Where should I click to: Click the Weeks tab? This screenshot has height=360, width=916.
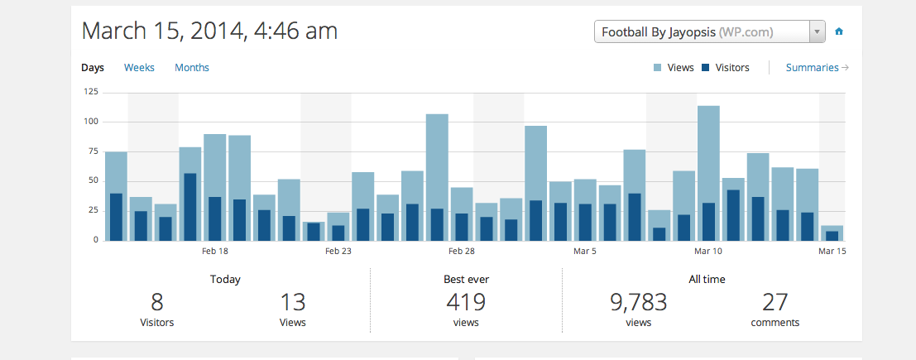pyautogui.click(x=139, y=68)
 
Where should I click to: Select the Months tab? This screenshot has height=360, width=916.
pyautogui.click(x=192, y=68)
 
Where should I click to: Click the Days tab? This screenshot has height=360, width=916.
pyautogui.click(x=93, y=68)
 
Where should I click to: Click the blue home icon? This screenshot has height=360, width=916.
pyautogui.click(x=839, y=31)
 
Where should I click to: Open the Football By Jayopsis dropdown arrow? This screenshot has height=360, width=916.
pyautogui.click(x=818, y=32)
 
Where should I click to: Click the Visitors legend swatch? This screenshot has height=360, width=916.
pyautogui.click(x=705, y=68)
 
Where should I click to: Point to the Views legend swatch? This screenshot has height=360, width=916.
pyautogui.click(x=658, y=68)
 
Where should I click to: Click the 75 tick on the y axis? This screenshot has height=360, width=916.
pyautogui.click(x=93, y=151)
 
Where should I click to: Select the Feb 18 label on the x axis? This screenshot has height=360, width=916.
pyautogui.click(x=215, y=252)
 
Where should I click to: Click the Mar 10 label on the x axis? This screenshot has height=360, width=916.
pyautogui.click(x=708, y=252)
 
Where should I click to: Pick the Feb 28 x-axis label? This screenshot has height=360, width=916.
pyautogui.click(x=462, y=252)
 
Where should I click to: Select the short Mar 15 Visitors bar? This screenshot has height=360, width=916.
pyautogui.click(x=832, y=236)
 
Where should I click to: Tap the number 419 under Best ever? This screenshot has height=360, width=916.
pyautogui.click(x=466, y=302)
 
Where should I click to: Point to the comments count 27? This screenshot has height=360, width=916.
pyautogui.click(x=775, y=302)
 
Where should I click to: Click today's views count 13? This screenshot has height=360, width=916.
pyautogui.click(x=293, y=302)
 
